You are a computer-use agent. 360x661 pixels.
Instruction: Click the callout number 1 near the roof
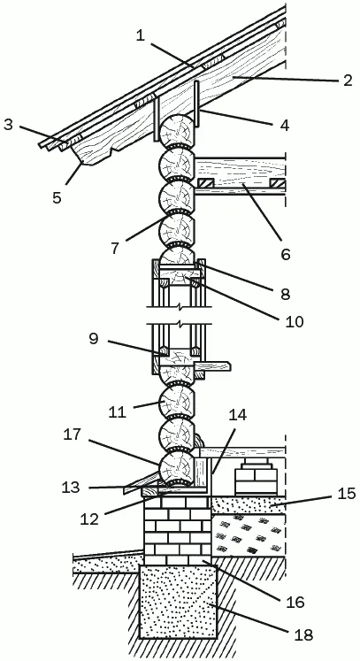click(141, 35)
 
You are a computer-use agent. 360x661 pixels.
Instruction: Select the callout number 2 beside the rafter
click(347, 80)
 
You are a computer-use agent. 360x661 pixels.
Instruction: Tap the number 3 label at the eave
click(9, 126)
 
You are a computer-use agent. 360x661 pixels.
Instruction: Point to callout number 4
click(285, 125)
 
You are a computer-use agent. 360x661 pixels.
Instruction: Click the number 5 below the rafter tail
click(57, 197)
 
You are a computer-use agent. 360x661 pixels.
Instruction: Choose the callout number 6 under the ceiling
click(286, 254)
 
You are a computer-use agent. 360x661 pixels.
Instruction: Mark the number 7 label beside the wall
click(114, 248)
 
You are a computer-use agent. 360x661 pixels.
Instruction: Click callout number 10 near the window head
click(294, 321)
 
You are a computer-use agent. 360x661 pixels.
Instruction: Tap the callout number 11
click(117, 411)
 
